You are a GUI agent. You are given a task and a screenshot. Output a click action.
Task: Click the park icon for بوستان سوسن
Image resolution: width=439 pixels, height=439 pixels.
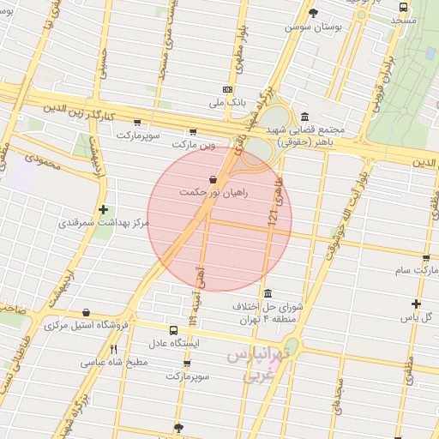coord(313,13)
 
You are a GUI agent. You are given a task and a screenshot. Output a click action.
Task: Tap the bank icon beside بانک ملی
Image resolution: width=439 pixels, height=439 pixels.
coord(227,89)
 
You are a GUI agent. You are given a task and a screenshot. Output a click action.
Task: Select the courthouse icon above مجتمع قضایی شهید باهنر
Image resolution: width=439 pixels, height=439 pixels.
coord(305,117)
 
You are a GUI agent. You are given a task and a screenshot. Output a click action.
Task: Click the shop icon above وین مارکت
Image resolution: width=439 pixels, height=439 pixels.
coord(193,131)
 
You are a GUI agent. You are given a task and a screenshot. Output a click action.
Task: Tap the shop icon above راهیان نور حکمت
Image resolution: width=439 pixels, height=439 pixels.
coord(213,179)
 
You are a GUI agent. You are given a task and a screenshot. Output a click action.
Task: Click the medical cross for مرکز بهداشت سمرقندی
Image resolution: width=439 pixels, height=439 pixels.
coord(104,209)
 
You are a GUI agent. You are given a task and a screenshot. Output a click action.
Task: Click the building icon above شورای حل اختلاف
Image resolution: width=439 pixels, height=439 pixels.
coord(268,292)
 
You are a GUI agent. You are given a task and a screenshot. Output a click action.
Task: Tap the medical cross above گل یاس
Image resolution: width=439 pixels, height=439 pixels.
coord(416,304)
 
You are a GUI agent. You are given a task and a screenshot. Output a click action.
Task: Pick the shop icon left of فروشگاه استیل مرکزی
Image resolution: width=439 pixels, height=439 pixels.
coord(86,313)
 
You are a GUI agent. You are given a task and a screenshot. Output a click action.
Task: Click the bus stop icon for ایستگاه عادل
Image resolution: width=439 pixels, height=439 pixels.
coord(174,330)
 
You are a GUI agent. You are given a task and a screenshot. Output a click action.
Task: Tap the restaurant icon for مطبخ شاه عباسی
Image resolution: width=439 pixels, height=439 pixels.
coord(114,349)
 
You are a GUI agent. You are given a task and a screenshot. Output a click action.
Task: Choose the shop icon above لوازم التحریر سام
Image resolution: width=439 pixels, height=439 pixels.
coord(426,257)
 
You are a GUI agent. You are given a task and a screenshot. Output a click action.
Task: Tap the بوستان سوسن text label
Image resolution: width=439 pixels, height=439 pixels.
coord(314,27)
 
